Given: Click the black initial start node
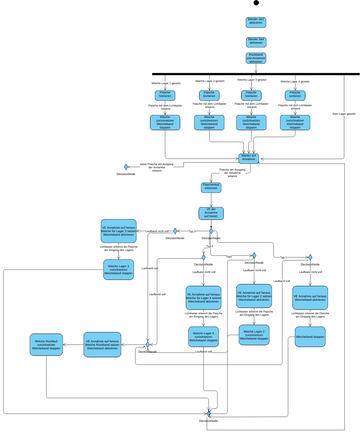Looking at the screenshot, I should (x=256, y=4).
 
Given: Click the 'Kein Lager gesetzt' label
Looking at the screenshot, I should (x=343, y=115).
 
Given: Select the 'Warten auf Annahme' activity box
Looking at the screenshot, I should (x=249, y=157).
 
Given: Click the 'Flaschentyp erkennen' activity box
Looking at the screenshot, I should (x=211, y=187).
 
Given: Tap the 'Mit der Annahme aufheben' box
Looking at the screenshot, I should (x=211, y=213).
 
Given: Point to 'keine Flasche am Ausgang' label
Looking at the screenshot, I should (x=156, y=165).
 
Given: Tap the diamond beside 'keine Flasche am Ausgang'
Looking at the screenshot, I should (x=126, y=166).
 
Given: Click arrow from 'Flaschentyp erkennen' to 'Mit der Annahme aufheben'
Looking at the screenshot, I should (x=211, y=200).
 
